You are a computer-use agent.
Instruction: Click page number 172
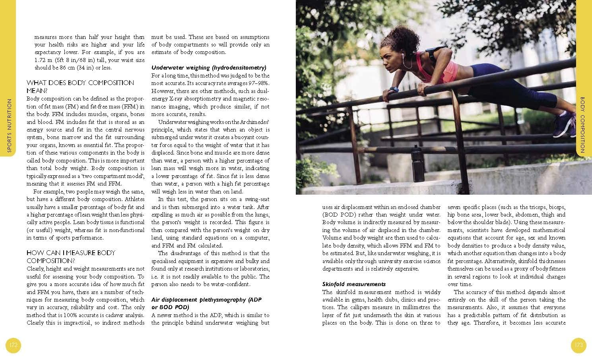14,345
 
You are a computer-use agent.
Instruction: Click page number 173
578,345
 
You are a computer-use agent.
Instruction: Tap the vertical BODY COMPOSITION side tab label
582,125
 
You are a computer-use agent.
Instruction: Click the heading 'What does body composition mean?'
80,87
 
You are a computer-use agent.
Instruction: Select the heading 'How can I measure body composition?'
71,257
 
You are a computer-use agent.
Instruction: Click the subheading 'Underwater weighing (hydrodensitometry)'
209,68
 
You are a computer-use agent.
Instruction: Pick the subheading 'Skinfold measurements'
354,284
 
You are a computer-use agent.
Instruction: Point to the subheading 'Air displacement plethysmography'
206,303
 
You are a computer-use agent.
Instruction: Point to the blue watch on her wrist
393,90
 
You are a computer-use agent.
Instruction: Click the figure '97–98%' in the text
256,83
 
